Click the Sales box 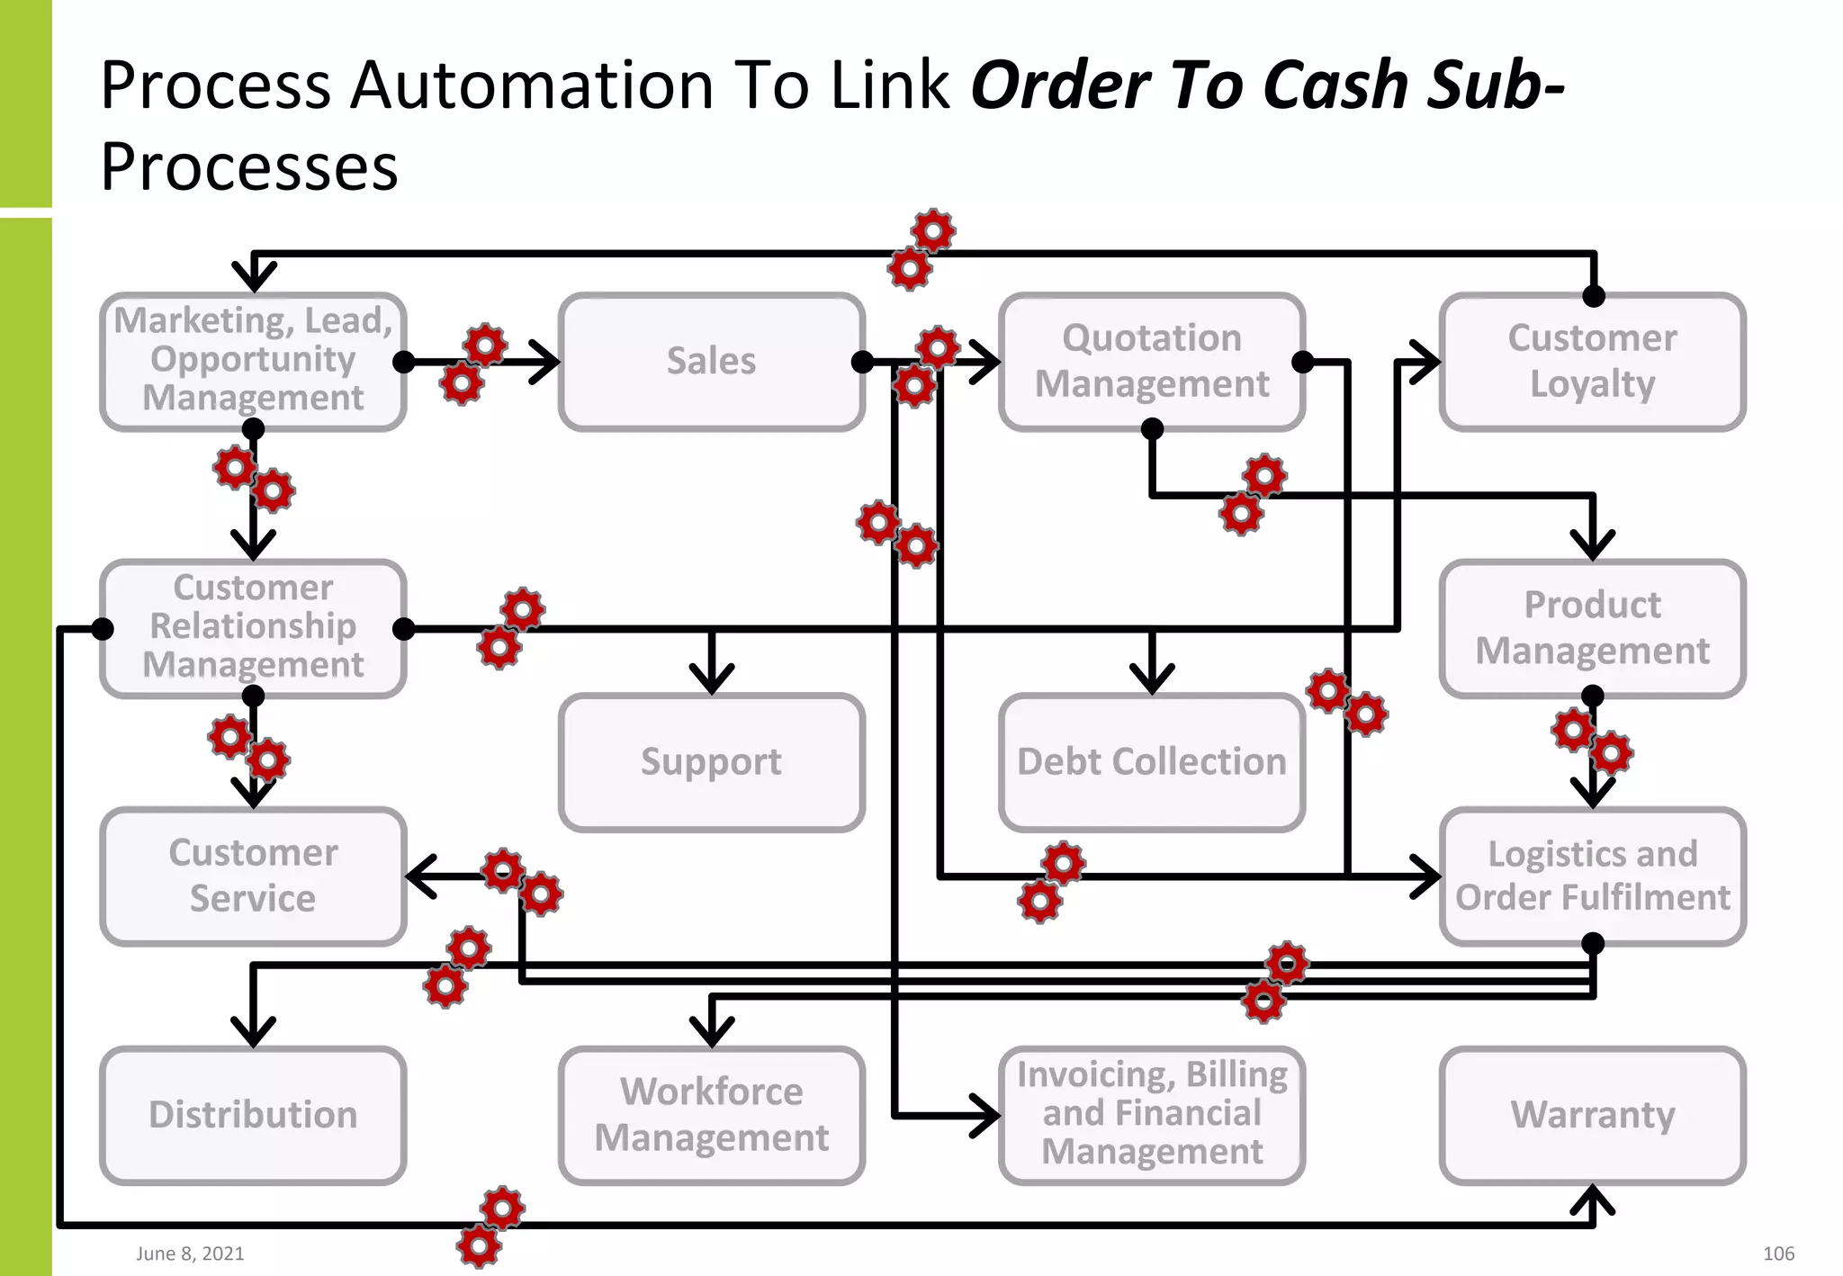[x=711, y=362]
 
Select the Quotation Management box [x=1151, y=362]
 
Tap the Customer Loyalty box [x=1592, y=362]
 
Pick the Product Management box [x=1592, y=628]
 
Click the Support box [x=711, y=762]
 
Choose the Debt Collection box [x=1151, y=762]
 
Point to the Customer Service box [x=253, y=876]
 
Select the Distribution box [x=253, y=1115]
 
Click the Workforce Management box [x=711, y=1115]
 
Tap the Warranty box [x=1592, y=1115]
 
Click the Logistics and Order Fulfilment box [x=1592, y=876]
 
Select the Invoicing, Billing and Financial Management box [x=1151, y=1115]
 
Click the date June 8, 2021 [x=190, y=1254]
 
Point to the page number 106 [x=1778, y=1254]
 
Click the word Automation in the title [x=532, y=85]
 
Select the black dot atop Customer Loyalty [x=1594, y=296]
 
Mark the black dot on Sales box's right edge [x=862, y=362]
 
